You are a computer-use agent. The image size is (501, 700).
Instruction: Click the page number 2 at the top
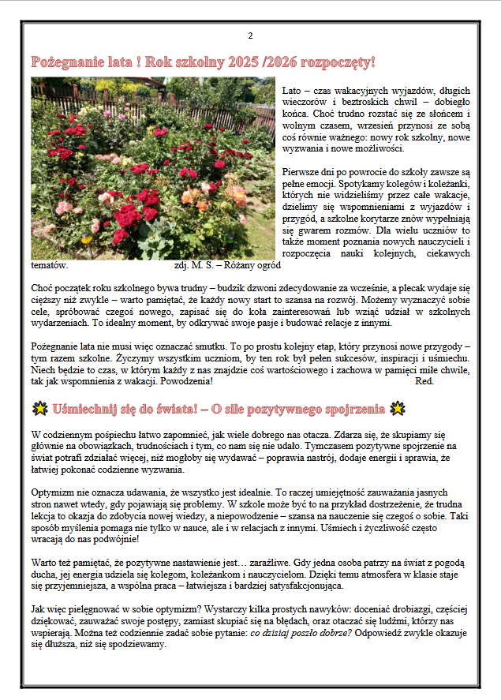pyautogui.click(x=250, y=36)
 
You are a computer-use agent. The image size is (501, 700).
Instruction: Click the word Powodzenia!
pyautogui.click(x=186, y=381)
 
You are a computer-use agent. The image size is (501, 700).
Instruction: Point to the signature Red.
pyautogui.click(x=424, y=381)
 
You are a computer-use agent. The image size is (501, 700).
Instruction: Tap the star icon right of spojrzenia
pyautogui.click(x=398, y=409)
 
